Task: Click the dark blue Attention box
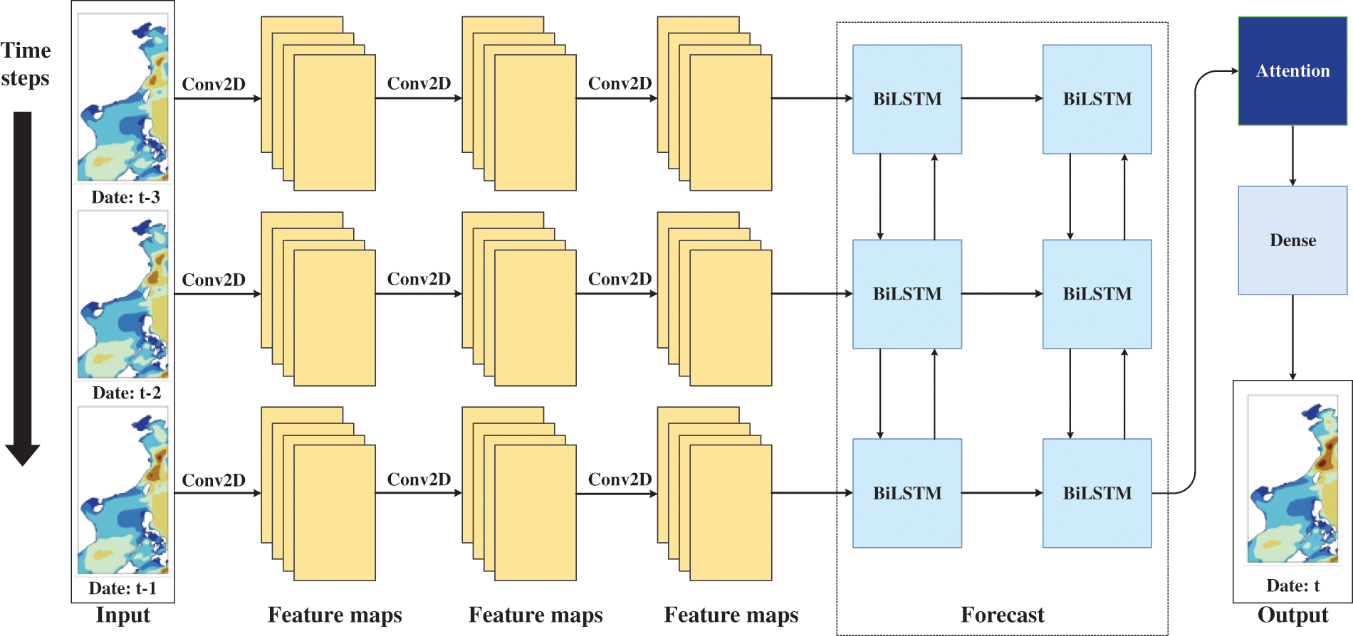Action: (1292, 71)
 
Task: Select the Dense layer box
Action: (1292, 240)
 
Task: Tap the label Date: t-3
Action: (125, 197)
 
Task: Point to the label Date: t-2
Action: (126, 393)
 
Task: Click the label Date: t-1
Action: (122, 588)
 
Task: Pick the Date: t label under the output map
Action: (1292, 585)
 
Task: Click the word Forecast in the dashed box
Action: (1002, 615)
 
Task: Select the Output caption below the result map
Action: (1292, 615)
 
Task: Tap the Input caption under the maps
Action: (123, 615)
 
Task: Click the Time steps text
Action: (26, 64)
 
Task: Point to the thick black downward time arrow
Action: (23, 285)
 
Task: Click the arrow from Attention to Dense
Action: (1292, 156)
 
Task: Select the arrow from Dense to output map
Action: (1292, 337)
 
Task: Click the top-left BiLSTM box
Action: (907, 99)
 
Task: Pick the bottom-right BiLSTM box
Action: (1097, 493)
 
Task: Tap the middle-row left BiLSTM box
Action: (907, 294)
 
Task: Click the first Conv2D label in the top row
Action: (214, 84)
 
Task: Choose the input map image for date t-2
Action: (123, 296)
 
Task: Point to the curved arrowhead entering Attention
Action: (1234, 71)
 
